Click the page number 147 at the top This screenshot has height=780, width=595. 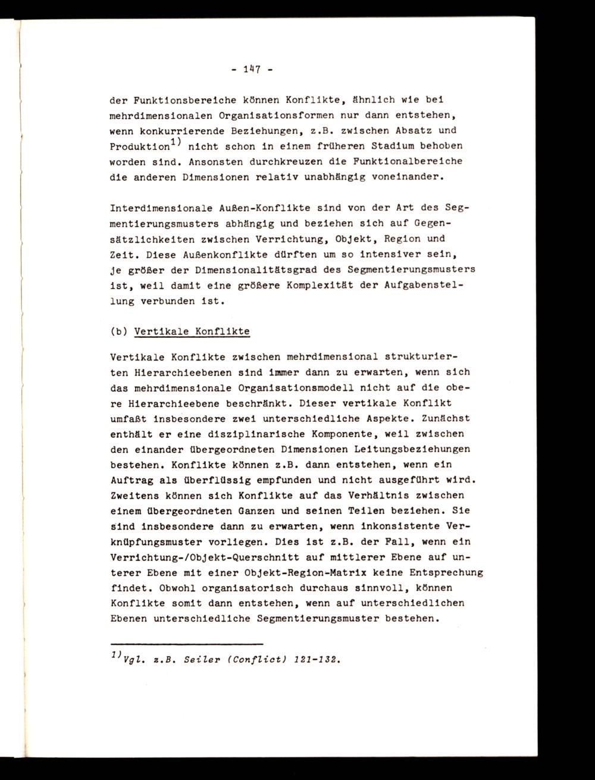click(x=250, y=70)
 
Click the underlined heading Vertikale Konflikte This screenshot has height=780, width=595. click(x=192, y=331)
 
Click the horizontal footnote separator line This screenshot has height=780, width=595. click(x=187, y=644)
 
